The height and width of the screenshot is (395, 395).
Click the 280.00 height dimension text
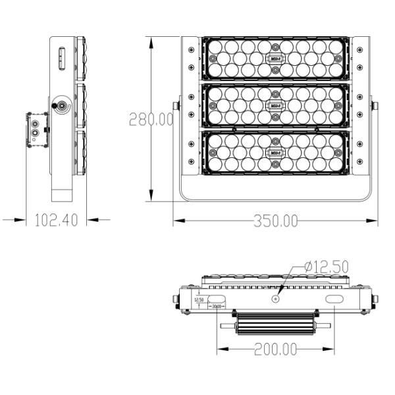151,119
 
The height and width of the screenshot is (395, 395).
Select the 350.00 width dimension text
275,221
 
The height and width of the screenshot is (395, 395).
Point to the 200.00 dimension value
275,350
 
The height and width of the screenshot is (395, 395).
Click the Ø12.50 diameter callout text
327,267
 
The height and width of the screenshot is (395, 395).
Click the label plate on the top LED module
276,58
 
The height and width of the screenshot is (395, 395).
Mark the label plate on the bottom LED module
276,153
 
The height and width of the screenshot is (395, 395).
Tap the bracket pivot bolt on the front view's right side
375,105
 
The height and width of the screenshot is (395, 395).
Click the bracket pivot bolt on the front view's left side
176,105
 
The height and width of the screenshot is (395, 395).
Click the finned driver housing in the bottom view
275,323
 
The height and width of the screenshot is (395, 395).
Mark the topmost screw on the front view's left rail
191,50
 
